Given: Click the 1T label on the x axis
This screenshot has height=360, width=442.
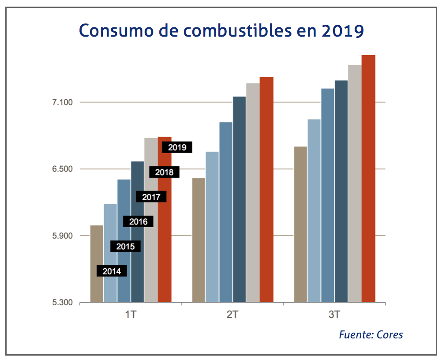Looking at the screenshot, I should (131, 315).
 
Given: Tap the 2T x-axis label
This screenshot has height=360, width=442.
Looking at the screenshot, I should (232, 315).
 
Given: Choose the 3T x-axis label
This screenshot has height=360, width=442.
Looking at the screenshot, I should (334, 315).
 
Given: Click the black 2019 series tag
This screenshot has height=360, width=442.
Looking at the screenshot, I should (177, 148).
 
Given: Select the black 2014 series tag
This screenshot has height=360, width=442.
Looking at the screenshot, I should (112, 271).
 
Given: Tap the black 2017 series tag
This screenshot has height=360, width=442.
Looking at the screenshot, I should (151, 197).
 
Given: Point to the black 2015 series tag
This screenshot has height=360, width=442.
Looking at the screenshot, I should (125, 247).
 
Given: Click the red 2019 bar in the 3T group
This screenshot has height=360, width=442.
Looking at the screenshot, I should (368, 176).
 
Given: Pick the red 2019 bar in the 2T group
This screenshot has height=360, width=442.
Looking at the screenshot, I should (266, 190).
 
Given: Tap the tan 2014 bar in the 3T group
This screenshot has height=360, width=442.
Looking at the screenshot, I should (300, 225).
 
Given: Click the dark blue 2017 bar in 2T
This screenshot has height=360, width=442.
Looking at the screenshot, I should (240, 199).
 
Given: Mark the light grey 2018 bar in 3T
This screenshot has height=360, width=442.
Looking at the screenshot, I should (355, 183).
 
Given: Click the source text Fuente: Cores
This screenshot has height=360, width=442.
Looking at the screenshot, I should (371, 334).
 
